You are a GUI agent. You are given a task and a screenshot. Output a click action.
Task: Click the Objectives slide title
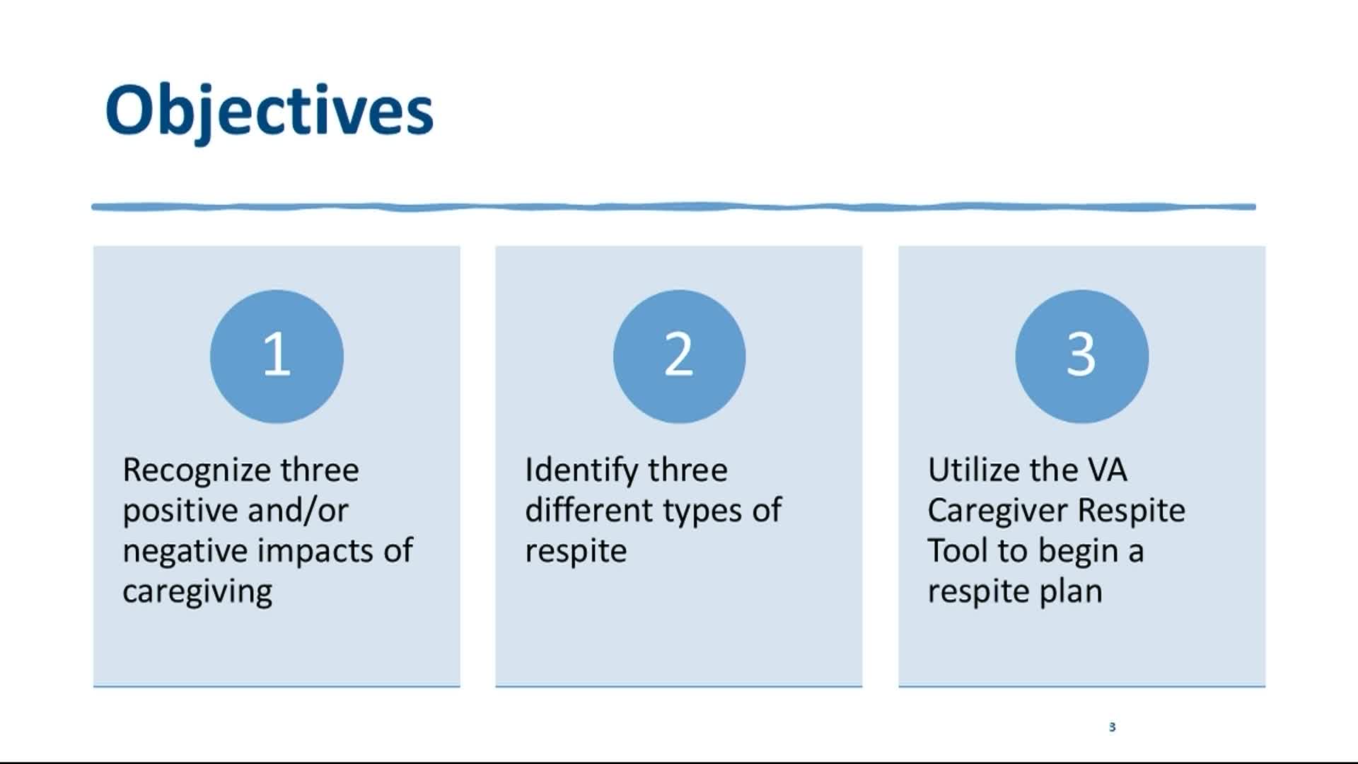click(269, 111)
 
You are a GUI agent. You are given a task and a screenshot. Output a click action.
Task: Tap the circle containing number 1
click(277, 356)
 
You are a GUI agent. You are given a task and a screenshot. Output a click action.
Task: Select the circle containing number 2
click(679, 356)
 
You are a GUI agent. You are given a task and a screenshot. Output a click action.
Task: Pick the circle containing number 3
click(1081, 356)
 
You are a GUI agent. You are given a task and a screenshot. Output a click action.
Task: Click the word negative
click(185, 552)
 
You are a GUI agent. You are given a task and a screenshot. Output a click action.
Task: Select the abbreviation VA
click(1107, 470)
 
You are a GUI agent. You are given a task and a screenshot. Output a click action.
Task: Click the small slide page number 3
click(1112, 727)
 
